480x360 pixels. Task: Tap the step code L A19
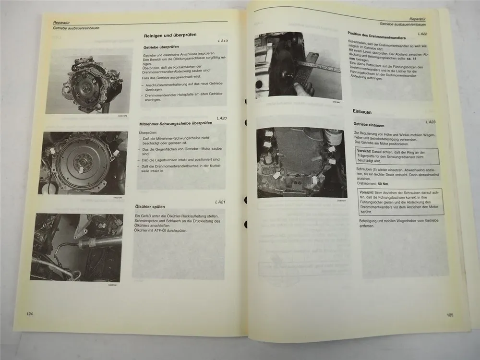(x=222, y=41)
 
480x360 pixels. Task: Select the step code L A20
(x=221, y=118)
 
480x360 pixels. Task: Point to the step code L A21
(x=220, y=202)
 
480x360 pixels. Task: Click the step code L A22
(x=423, y=34)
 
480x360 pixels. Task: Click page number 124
(x=30, y=313)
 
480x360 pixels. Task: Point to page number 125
(x=450, y=315)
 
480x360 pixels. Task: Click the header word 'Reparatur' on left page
(x=63, y=22)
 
